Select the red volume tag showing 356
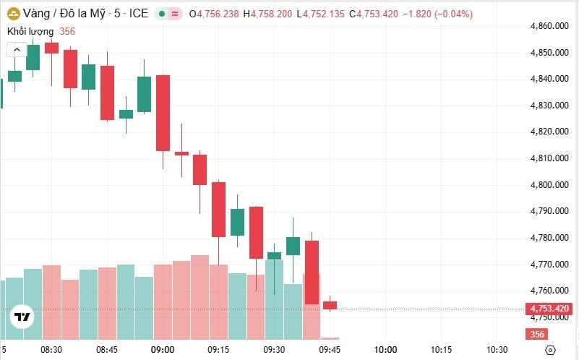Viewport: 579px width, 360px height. pyautogui.click(x=537, y=334)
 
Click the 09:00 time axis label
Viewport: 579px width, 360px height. pyautogui.click(x=163, y=350)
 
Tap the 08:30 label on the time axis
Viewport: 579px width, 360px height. pyautogui.click(x=51, y=350)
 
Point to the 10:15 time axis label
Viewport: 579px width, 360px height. pyautogui.click(x=442, y=350)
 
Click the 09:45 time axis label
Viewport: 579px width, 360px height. pyautogui.click(x=330, y=350)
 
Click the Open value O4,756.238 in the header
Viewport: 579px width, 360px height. pyautogui.click(x=215, y=14)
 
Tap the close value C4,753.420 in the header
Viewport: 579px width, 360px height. pyautogui.click(x=373, y=14)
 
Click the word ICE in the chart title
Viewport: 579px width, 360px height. pyautogui.click(x=139, y=14)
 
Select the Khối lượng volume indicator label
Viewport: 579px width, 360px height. pyautogui.click(x=30, y=31)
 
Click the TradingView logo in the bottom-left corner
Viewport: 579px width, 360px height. pyautogui.click(x=22, y=317)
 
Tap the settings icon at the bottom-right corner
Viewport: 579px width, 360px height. pyautogui.click(x=551, y=350)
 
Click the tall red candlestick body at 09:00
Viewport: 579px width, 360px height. pyautogui.click(x=163, y=113)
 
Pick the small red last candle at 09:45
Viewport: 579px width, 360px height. pyautogui.click(x=330, y=305)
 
